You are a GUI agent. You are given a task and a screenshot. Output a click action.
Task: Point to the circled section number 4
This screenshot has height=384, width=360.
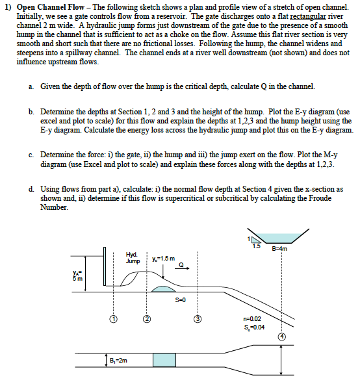pyautogui.click(x=282, y=337)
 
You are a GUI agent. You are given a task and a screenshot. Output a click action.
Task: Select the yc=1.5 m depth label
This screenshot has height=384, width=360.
pyautogui.click(x=162, y=258)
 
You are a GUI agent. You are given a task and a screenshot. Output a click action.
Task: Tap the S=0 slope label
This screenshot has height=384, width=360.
pyautogui.click(x=181, y=300)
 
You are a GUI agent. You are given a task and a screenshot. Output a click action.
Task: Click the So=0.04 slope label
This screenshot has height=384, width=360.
pyautogui.click(x=253, y=327)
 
